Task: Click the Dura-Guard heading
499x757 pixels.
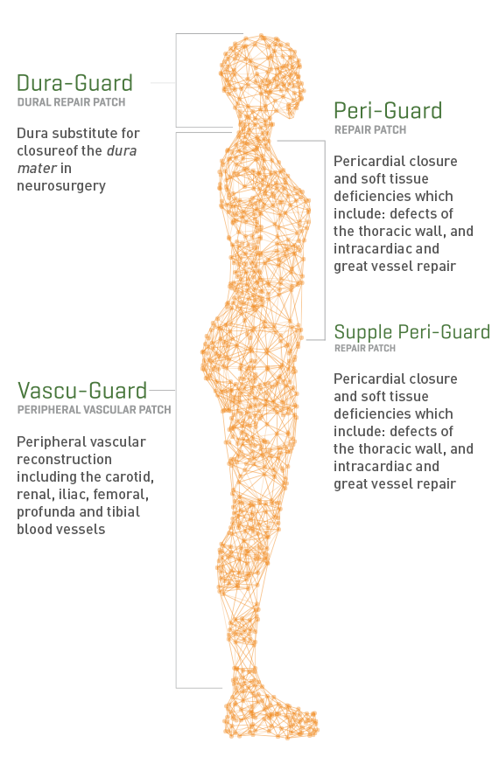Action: click(x=74, y=83)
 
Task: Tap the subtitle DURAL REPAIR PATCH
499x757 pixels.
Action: click(x=72, y=102)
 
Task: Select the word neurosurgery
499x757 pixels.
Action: click(x=61, y=186)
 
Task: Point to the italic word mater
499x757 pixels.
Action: click(x=38, y=169)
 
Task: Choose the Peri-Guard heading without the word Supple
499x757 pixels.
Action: click(x=388, y=111)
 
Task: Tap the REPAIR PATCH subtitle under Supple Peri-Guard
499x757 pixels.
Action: click(x=365, y=348)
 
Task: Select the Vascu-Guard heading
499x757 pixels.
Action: click(x=82, y=391)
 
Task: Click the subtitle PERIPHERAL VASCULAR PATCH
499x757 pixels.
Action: click(x=95, y=410)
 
